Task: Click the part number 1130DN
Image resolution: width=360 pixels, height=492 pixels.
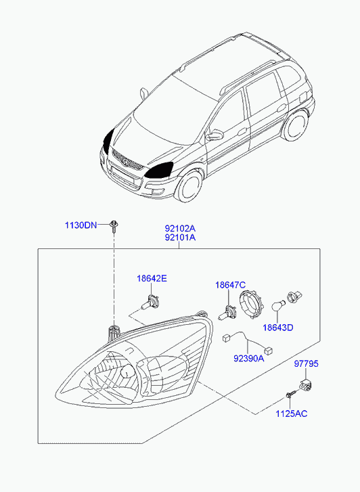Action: coord(81,225)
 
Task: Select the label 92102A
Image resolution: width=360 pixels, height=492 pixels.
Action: coord(180,228)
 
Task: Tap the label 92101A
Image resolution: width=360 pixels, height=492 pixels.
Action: coord(180,238)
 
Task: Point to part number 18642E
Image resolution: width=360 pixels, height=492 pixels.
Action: coord(152,278)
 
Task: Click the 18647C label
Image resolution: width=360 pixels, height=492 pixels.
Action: coord(230,285)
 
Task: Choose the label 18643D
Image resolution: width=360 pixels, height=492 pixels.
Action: coord(277,328)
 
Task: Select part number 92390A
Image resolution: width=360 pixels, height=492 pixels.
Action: coord(249,358)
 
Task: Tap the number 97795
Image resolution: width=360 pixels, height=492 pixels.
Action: coord(306,363)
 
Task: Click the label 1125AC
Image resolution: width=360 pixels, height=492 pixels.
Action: coord(291,413)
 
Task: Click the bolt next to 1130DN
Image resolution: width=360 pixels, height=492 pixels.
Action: coord(114,226)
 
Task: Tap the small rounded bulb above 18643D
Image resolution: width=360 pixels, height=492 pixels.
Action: coord(278,306)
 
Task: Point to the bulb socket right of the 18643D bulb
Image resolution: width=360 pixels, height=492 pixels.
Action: coord(294,297)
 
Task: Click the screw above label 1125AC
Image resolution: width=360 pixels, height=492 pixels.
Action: coord(291,394)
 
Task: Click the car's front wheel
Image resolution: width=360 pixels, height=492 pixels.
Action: coord(188,187)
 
